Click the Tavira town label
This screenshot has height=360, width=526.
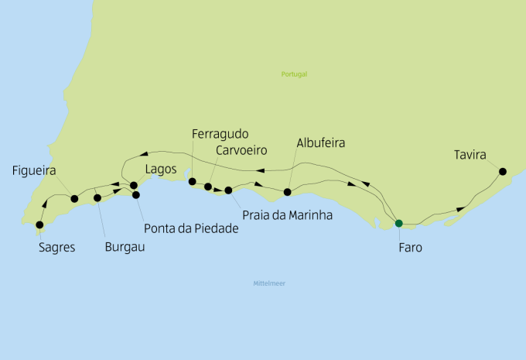click(x=470, y=156)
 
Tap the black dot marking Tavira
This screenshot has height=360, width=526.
click(x=503, y=171)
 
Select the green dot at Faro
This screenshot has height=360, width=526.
click(x=398, y=224)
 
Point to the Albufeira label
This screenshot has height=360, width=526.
click(x=320, y=143)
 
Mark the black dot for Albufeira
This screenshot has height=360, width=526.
click(x=287, y=192)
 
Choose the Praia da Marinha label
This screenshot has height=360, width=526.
click(x=287, y=214)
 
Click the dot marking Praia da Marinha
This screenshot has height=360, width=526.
click(x=228, y=190)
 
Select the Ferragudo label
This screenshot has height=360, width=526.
click(x=220, y=134)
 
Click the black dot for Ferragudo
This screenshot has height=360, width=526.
click(x=192, y=182)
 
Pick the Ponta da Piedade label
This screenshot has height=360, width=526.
click(x=191, y=228)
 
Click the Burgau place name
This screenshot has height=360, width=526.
click(x=125, y=249)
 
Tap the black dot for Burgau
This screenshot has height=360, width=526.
click(x=97, y=198)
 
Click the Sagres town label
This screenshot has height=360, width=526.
click(x=56, y=249)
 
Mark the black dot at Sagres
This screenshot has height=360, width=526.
click(x=39, y=225)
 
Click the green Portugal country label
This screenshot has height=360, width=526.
click(x=295, y=74)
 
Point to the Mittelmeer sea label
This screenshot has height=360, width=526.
click(x=269, y=284)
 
